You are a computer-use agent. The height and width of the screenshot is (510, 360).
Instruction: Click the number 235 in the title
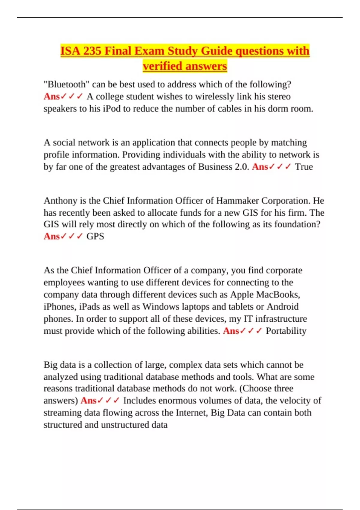[92, 51]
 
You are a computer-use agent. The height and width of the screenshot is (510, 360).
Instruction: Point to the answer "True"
[304, 166]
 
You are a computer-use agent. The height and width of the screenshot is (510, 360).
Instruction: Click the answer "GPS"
[95, 236]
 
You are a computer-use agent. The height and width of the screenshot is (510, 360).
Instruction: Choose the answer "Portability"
[286, 331]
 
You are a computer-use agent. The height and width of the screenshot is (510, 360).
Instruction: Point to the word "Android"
[283, 307]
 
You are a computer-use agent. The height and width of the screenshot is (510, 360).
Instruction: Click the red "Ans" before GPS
[52, 236]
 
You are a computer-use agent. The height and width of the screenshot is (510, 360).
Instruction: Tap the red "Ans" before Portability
[231, 331]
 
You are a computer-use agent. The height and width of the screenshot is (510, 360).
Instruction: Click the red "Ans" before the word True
[260, 166]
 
